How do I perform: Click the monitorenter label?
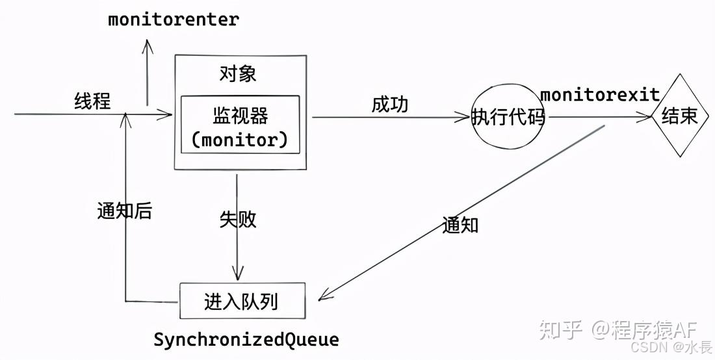pos(174,19)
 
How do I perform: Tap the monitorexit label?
pos(600,95)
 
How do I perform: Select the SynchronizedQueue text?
pos(246,339)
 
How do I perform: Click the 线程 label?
pos(92,101)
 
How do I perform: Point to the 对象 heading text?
pos(238,73)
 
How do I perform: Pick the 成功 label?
pos(390,104)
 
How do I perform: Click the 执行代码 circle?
pos(508,117)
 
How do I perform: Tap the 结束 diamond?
pos(679,117)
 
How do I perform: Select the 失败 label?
pos(238,220)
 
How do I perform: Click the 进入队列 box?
pos(241,302)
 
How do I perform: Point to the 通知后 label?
pos(124,211)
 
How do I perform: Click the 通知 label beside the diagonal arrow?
pos(460,225)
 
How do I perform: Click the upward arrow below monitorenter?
pos(148,71)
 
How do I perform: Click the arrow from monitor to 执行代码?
pos(390,118)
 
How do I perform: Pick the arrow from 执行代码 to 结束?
pos(598,118)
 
